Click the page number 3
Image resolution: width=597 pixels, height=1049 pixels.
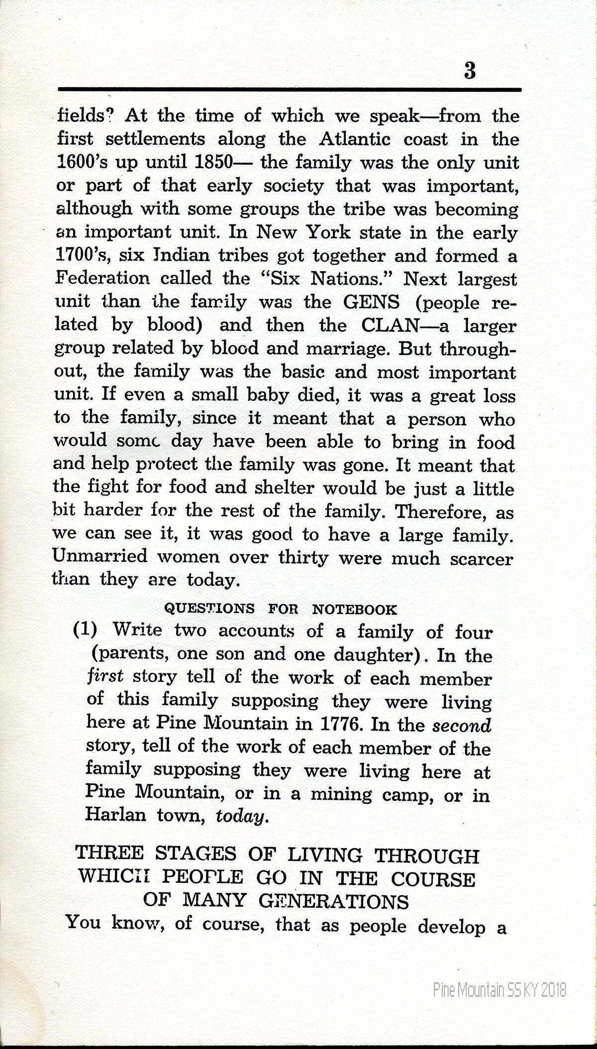(x=470, y=71)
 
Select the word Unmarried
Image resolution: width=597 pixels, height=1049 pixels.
(x=100, y=556)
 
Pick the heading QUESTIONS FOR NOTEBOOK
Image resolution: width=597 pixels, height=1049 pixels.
(x=281, y=609)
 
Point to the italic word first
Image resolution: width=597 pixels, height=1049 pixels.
(x=104, y=677)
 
